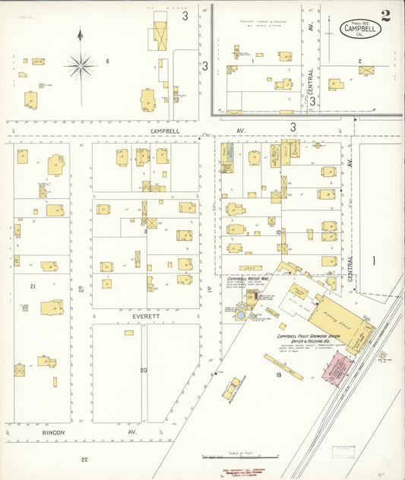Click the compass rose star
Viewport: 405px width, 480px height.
coord(80,65)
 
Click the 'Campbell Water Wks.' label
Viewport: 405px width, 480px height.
coord(245,279)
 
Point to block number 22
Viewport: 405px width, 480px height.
coord(84,459)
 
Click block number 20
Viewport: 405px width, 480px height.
coord(143,370)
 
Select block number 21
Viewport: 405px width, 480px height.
coord(33,286)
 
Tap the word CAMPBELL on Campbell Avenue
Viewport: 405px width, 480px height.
coord(165,131)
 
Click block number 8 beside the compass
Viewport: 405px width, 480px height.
coord(107,61)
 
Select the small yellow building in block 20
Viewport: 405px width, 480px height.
coord(128,333)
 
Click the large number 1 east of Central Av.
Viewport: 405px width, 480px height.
coord(373,261)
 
